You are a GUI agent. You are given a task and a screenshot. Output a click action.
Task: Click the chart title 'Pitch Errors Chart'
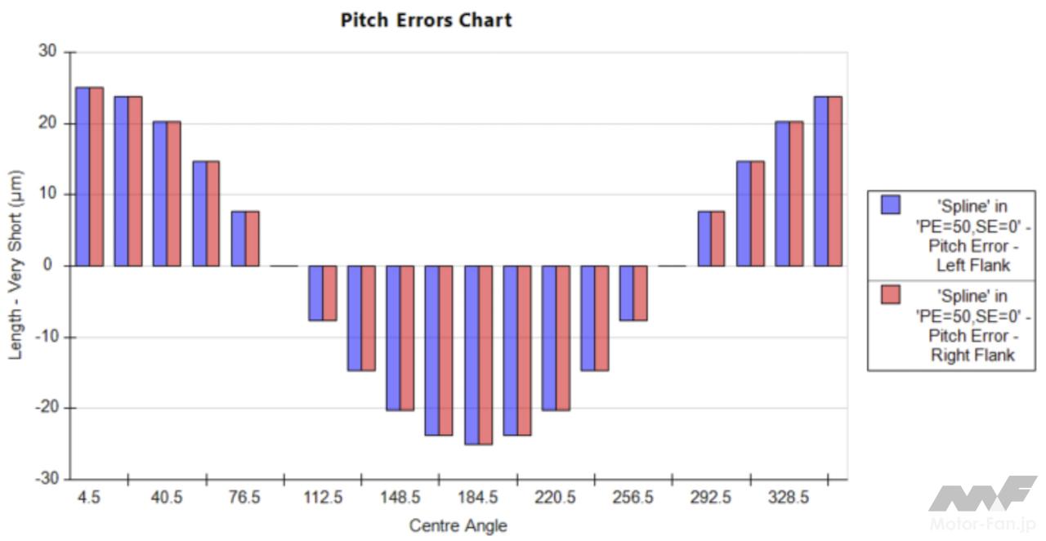pos(426,20)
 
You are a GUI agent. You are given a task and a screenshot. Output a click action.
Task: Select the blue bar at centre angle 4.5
pos(83,177)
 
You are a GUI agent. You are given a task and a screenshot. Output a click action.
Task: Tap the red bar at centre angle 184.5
pos(485,355)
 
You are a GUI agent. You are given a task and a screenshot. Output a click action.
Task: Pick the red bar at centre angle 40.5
pos(174,194)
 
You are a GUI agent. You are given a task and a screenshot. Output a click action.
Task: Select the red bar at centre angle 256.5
pos(641,293)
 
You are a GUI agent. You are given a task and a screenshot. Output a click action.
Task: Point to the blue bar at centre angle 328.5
pos(782,194)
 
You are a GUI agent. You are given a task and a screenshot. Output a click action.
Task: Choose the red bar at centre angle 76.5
pos(252,239)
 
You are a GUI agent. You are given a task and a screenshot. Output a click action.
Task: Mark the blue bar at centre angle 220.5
pos(548,338)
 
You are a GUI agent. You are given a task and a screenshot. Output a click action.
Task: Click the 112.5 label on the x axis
pos(323,498)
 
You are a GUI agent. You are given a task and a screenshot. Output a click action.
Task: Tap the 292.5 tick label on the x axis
pos(711,498)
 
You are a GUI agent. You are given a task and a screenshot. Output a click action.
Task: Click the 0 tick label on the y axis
pos(51,266)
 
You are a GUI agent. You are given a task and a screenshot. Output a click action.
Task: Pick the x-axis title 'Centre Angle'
pos(458,525)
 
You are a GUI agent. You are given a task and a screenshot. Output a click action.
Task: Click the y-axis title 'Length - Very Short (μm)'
pos(16,265)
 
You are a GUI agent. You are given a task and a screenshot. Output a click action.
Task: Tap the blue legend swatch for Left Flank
pos(890,204)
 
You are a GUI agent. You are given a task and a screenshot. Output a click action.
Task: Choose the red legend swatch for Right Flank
pos(890,295)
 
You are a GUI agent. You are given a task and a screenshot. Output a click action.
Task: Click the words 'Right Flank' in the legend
pos(972,355)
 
